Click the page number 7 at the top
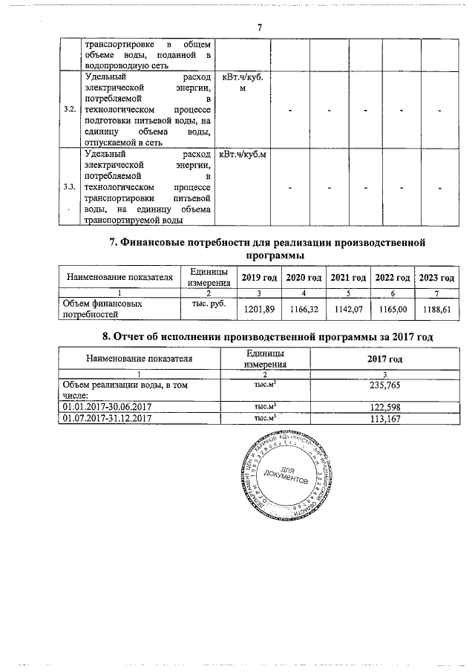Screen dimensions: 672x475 (260, 27)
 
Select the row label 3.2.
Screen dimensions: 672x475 (70, 110)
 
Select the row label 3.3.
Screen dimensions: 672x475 (70, 186)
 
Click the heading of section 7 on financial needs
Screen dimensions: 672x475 (265, 249)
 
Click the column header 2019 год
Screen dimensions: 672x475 (260, 277)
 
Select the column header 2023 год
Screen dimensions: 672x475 (436, 277)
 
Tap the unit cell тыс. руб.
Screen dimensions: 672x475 (208, 304)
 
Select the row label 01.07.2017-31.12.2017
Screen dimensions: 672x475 (108, 419)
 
